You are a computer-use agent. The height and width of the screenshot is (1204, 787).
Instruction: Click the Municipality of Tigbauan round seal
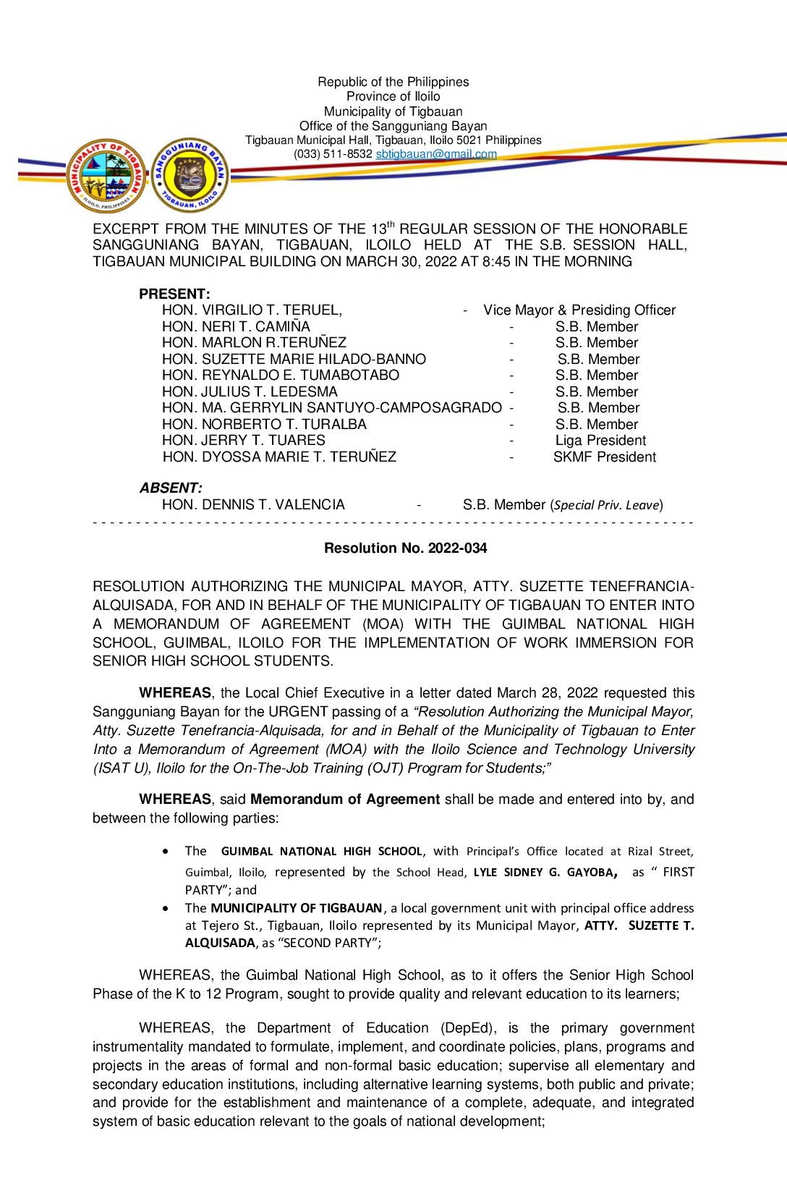[106, 175]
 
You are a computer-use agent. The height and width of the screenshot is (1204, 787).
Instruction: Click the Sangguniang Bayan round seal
[190, 175]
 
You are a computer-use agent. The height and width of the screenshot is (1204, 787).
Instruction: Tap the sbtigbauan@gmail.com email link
[436, 154]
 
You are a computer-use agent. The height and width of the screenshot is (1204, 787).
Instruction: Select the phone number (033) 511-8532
[333, 154]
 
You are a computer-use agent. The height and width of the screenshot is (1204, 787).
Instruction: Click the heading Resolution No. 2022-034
[405, 548]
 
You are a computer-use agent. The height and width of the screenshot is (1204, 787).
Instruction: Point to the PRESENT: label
[174, 294]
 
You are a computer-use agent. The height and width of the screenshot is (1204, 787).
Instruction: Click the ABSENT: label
[171, 488]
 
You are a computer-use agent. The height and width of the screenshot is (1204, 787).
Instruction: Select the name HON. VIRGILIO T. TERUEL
[252, 310]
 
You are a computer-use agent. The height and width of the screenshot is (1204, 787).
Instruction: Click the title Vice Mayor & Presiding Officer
[579, 310]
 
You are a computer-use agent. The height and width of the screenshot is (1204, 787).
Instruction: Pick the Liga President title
[600, 441]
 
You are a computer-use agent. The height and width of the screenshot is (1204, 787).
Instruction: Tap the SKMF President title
[605, 457]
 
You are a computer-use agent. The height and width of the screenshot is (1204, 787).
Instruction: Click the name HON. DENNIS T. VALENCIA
[253, 505]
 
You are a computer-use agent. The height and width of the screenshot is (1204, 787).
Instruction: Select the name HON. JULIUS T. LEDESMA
[250, 392]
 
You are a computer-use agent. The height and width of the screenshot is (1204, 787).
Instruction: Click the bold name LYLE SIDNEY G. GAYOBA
[543, 873]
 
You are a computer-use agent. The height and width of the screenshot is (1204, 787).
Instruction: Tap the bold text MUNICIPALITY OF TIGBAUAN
[296, 908]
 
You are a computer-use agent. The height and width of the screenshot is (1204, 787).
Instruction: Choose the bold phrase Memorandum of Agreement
[345, 800]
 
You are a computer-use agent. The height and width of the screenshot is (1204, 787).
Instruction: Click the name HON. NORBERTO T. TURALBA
[264, 425]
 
